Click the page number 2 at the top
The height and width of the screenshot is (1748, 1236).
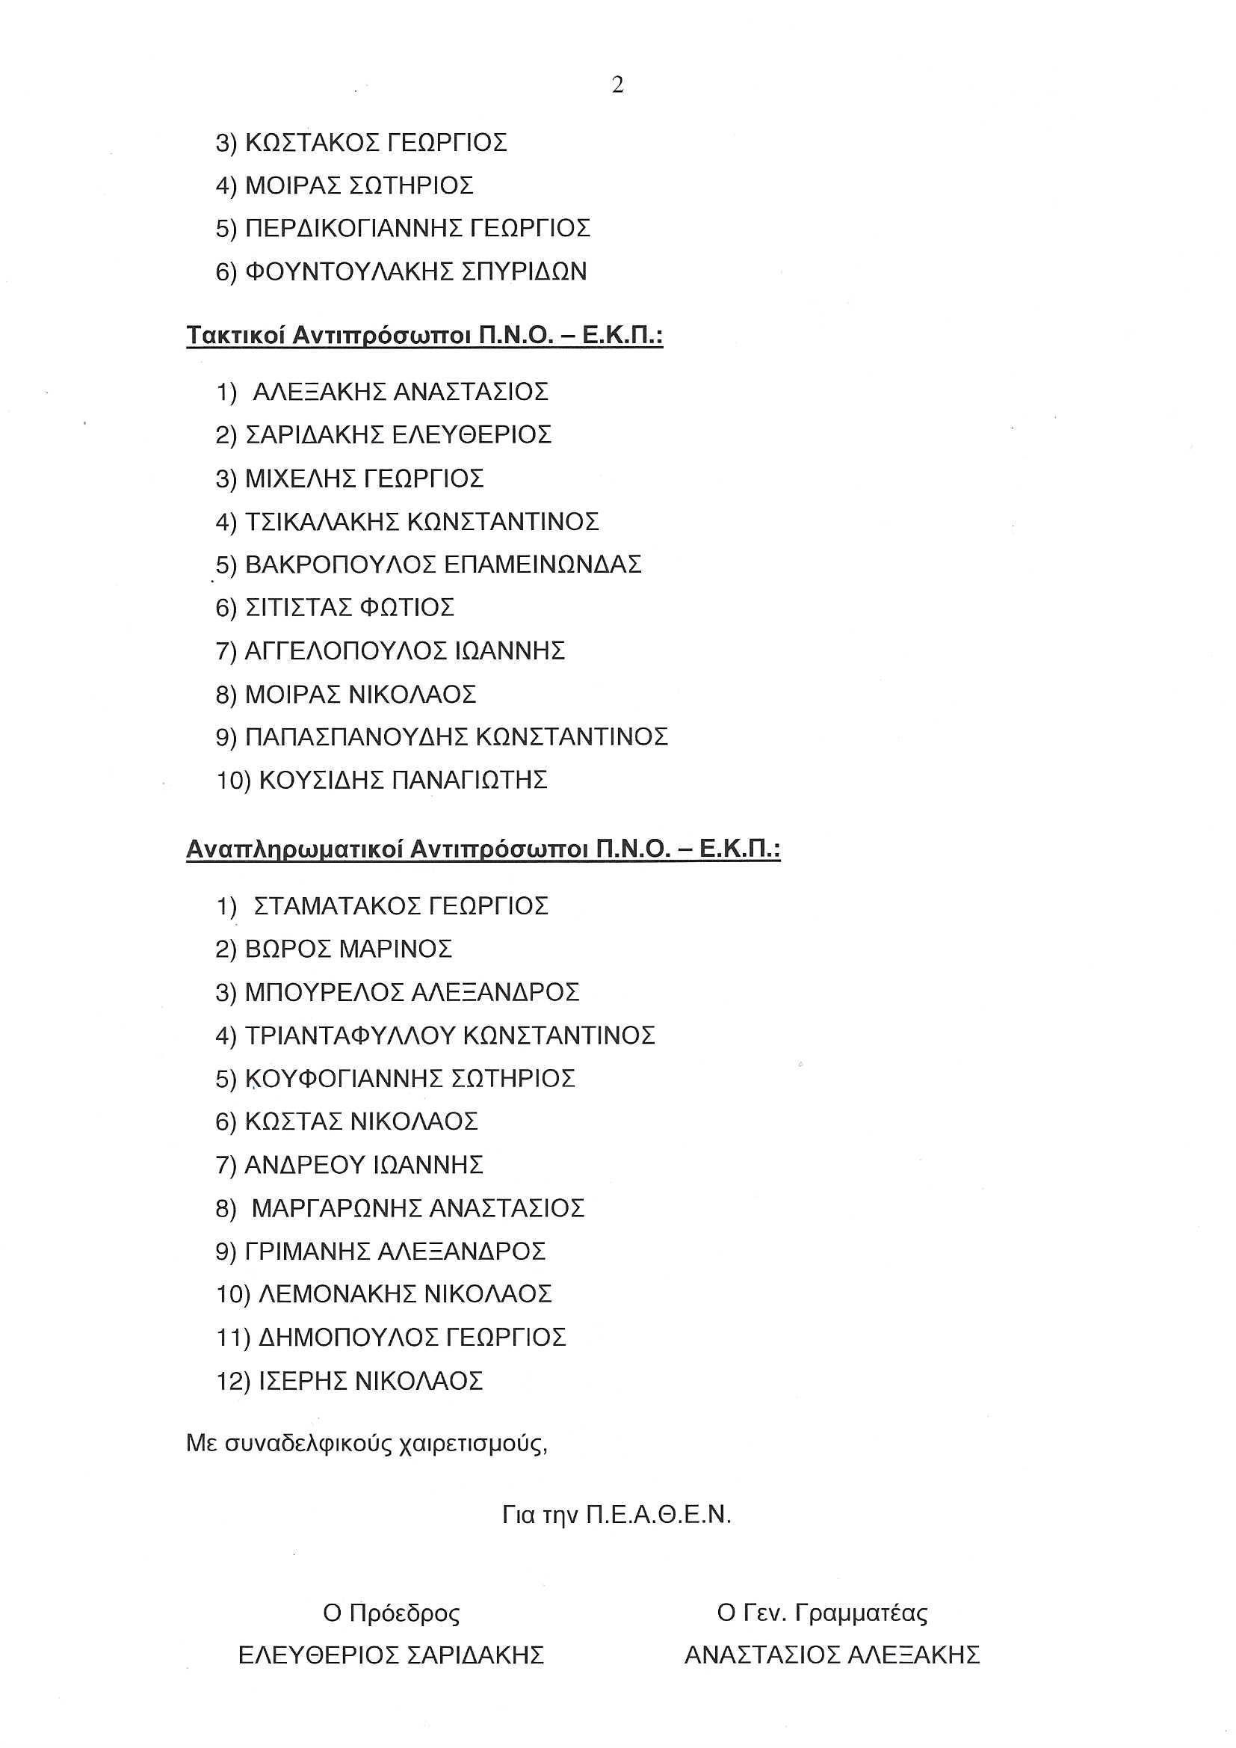pyautogui.click(x=617, y=86)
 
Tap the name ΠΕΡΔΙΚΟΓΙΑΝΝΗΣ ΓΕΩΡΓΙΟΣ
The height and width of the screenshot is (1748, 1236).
pyautogui.click(x=418, y=228)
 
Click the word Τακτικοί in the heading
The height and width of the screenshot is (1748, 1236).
pyautogui.click(x=235, y=336)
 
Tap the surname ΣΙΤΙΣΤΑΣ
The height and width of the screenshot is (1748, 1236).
pyautogui.click(x=299, y=608)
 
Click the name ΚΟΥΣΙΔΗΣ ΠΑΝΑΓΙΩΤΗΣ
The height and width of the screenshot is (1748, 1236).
pyautogui.click(x=404, y=781)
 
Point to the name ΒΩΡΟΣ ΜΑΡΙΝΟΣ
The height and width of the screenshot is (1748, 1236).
pyautogui.click(x=348, y=950)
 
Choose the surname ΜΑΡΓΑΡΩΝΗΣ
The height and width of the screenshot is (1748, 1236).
pyautogui.click(x=336, y=1208)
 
